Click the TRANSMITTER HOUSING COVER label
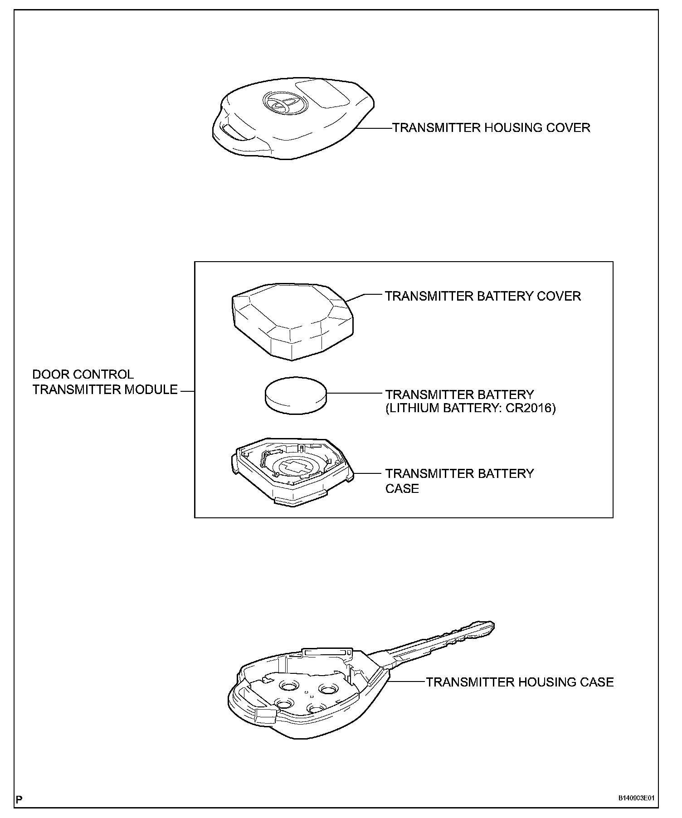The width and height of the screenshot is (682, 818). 491,128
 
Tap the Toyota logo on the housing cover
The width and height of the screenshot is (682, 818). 277,103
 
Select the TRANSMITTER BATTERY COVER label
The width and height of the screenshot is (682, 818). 483,296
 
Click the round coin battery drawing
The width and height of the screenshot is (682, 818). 295,394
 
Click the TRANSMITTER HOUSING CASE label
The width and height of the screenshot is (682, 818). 520,682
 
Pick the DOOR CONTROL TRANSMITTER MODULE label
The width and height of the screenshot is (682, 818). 105,382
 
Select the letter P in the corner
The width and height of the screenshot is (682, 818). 19,799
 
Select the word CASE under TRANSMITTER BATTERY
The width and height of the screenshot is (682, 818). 402,488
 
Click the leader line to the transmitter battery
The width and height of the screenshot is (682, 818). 354,394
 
